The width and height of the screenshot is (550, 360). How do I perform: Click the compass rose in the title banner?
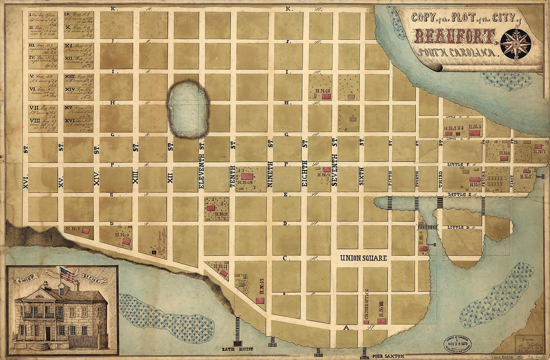(515, 43)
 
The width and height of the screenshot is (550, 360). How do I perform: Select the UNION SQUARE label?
(363, 258)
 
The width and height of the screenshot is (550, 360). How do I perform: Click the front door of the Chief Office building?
(48, 333)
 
